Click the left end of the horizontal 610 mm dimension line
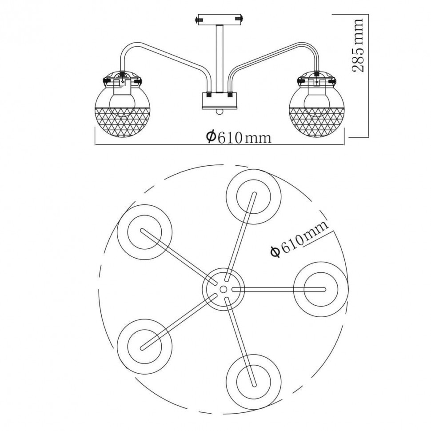click(95, 144)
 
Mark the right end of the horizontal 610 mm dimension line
click(344, 144)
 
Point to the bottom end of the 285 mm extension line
click(368, 137)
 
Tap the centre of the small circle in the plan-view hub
click(223, 289)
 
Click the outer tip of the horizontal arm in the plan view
click(324, 289)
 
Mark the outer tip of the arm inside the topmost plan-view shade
click(254, 194)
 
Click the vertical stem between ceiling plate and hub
click(219, 59)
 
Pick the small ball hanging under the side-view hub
click(219, 111)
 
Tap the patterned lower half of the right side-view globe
click(317, 122)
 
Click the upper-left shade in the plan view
click(144, 232)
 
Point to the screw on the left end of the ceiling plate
click(198, 20)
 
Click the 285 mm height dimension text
click(358, 45)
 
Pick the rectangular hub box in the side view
click(219, 100)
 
